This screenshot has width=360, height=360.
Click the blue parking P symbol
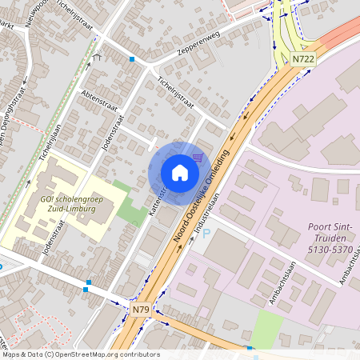206,234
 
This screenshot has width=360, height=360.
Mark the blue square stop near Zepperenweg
132,59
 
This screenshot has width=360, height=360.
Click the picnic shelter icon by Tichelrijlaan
97,57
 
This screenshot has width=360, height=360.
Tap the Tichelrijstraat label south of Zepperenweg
175,94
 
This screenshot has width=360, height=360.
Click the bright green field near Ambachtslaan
266,329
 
